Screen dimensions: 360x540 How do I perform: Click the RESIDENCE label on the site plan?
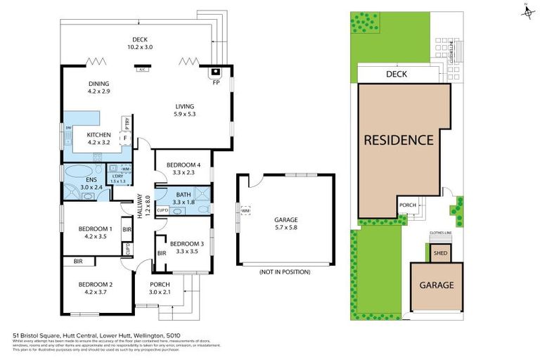(x=398, y=140)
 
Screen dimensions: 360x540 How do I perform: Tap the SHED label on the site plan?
(x=440, y=254)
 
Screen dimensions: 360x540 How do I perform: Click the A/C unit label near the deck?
(x=142, y=69)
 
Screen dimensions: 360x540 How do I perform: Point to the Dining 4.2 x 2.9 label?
(x=98, y=87)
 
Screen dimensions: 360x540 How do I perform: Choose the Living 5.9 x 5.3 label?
(x=185, y=110)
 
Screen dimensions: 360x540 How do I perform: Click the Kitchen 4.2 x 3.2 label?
(x=99, y=138)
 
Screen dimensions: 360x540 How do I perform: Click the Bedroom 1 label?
(x=95, y=233)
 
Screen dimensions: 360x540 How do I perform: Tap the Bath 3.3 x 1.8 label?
(x=184, y=198)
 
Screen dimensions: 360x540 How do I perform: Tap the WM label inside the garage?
(x=245, y=210)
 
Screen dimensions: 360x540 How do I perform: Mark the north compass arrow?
(x=526, y=10)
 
